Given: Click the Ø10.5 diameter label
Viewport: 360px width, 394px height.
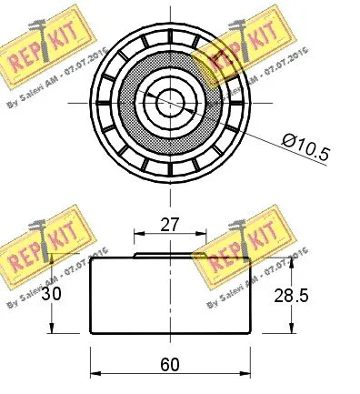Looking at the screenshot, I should point(305,143).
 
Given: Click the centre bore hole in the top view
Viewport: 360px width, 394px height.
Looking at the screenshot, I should point(169,99).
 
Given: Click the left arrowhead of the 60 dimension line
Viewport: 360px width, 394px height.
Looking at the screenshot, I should point(95,373).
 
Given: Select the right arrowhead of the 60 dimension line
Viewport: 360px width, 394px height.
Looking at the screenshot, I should point(245,373).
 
